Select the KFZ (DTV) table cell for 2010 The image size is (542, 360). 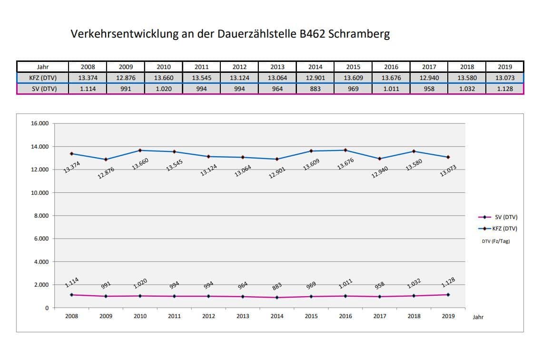coord(163,78)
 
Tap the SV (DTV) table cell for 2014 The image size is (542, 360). coord(315,89)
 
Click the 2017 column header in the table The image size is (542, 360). coord(429,67)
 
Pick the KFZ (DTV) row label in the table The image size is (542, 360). coord(42,78)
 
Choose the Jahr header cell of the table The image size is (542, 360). coord(42,67)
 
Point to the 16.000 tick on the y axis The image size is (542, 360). coord(40,124)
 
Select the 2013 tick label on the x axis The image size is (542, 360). coord(243,316)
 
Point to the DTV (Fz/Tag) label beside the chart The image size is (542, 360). coord(495,241)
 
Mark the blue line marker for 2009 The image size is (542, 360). coord(106,160)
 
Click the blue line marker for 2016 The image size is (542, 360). coord(345,150)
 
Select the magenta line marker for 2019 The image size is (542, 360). coord(448,295)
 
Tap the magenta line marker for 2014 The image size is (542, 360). coord(277,298)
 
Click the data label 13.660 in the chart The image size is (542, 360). coord(141,164)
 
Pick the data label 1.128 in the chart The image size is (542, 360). coord(448,282)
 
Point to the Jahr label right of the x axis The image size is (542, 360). coord(478,317)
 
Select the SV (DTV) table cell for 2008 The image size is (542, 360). coord(87,89)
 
